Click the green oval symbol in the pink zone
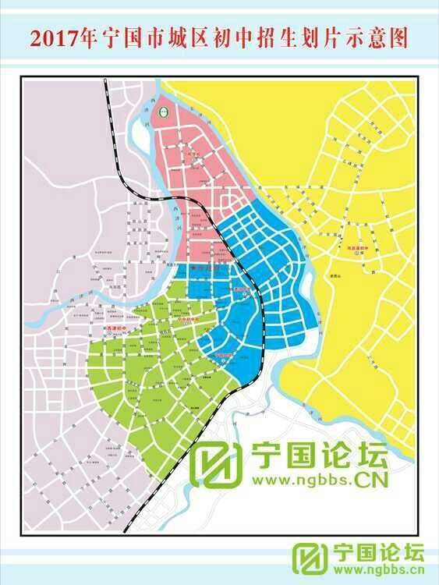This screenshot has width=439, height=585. point(164,111)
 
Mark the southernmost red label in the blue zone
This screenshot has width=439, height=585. point(225,353)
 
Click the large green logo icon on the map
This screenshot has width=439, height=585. point(215,466)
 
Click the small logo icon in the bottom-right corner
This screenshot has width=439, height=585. point(311,559)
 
